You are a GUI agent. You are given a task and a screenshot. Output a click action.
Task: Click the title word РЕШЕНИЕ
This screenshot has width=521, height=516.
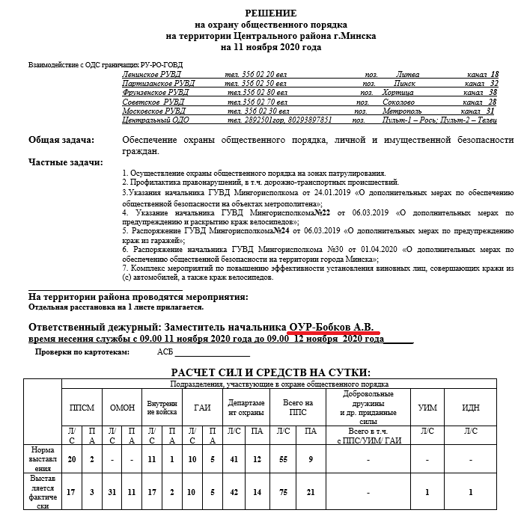(271, 13)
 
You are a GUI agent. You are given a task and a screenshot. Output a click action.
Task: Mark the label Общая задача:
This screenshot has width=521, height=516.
(61, 140)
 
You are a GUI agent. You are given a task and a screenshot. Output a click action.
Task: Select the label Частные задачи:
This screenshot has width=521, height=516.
(65, 162)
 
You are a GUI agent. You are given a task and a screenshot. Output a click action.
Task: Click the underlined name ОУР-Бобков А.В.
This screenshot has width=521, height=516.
(335, 327)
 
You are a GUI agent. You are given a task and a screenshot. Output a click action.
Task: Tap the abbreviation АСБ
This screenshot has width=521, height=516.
(165, 351)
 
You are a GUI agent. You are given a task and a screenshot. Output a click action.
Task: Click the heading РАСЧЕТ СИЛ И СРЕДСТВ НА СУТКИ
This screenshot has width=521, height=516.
(271, 372)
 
